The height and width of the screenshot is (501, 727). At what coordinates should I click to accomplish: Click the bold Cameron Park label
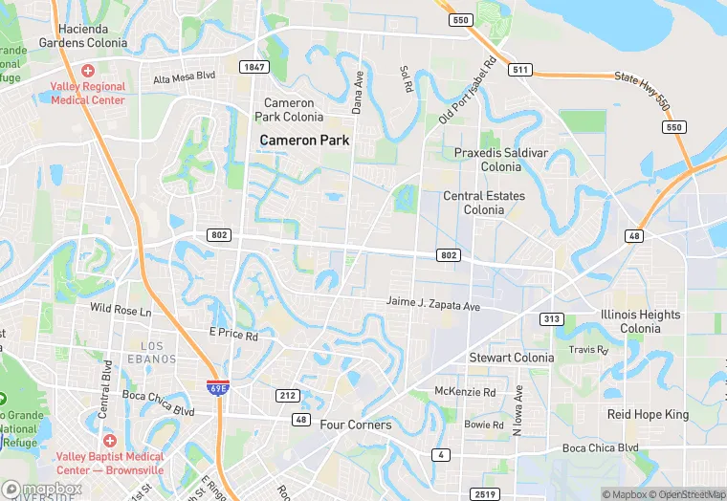coord(305,141)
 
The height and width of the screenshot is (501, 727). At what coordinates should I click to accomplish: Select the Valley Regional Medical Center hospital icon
coord(88,71)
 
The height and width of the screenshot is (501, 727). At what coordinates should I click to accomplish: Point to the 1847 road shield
coord(253,67)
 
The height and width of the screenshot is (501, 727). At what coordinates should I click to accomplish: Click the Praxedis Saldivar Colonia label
coord(500,160)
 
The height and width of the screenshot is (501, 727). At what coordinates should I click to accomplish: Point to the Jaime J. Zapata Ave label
coord(432,302)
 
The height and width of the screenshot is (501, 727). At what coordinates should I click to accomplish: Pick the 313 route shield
coord(551,318)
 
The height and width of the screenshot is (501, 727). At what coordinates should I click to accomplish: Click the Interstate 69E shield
coord(216,385)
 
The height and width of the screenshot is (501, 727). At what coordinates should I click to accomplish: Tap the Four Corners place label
coord(356,425)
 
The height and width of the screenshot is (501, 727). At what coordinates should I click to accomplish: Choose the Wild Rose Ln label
coord(121,311)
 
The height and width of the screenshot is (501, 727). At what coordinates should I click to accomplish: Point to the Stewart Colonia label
coord(511,358)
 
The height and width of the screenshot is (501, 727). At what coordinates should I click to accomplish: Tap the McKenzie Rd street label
coord(465,392)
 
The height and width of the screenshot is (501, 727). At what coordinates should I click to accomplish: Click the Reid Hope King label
coord(648,414)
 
